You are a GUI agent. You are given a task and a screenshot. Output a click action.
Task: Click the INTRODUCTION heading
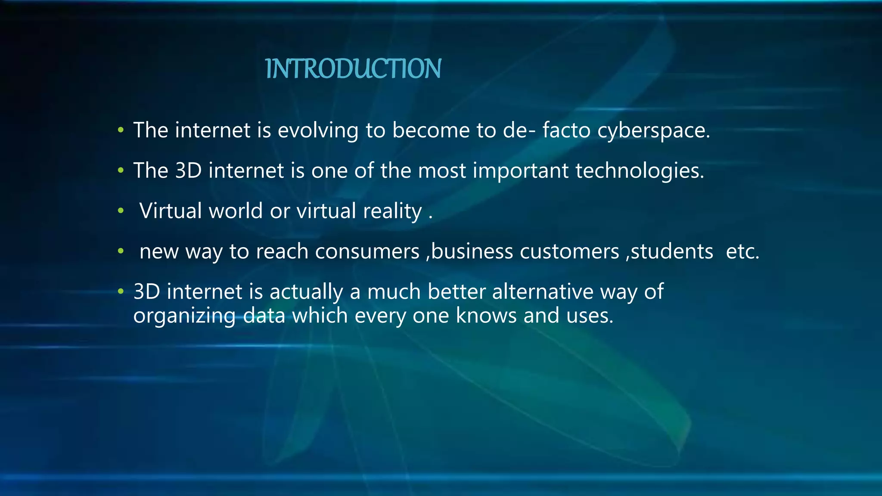coord(353,69)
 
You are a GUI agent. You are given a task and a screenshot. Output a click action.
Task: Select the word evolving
coord(318,130)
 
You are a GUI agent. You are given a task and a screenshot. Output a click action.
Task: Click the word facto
coord(566,130)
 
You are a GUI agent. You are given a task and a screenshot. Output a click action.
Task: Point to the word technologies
coord(640,171)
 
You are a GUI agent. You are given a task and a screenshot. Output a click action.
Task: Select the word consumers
coord(367,251)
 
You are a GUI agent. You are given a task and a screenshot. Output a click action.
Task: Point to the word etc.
coord(742,251)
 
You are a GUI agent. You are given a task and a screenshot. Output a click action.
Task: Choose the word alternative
coord(543,292)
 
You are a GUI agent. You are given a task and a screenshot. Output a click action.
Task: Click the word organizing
coord(184,316)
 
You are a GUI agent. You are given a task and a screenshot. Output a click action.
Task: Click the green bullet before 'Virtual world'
coord(121,211)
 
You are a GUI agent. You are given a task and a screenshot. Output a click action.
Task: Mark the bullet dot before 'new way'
coord(121,251)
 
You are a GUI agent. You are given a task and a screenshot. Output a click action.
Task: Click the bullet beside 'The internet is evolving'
coord(121,130)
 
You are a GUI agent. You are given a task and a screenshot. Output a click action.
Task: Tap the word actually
coord(306,292)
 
